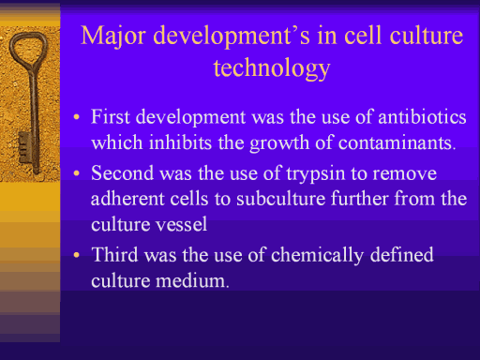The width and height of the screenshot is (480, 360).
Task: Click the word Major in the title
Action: (113, 37)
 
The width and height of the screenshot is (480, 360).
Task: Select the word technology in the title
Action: (272, 68)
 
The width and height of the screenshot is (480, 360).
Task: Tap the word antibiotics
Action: (422, 117)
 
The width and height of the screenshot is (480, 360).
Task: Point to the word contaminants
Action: (397, 142)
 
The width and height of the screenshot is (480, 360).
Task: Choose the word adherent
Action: (127, 199)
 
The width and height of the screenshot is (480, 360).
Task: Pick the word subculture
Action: (281, 199)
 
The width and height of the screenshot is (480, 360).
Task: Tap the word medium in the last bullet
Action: (192, 280)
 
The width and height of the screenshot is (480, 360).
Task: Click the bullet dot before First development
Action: (77, 117)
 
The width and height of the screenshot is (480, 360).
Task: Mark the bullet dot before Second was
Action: (77, 173)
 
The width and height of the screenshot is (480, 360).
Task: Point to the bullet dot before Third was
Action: (77, 255)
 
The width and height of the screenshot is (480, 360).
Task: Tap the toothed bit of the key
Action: (24, 147)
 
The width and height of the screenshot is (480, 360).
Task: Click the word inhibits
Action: (180, 142)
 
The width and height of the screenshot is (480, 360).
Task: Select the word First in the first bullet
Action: (111, 116)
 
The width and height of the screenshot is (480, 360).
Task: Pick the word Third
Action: (114, 254)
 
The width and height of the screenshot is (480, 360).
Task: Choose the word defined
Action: (402, 254)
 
